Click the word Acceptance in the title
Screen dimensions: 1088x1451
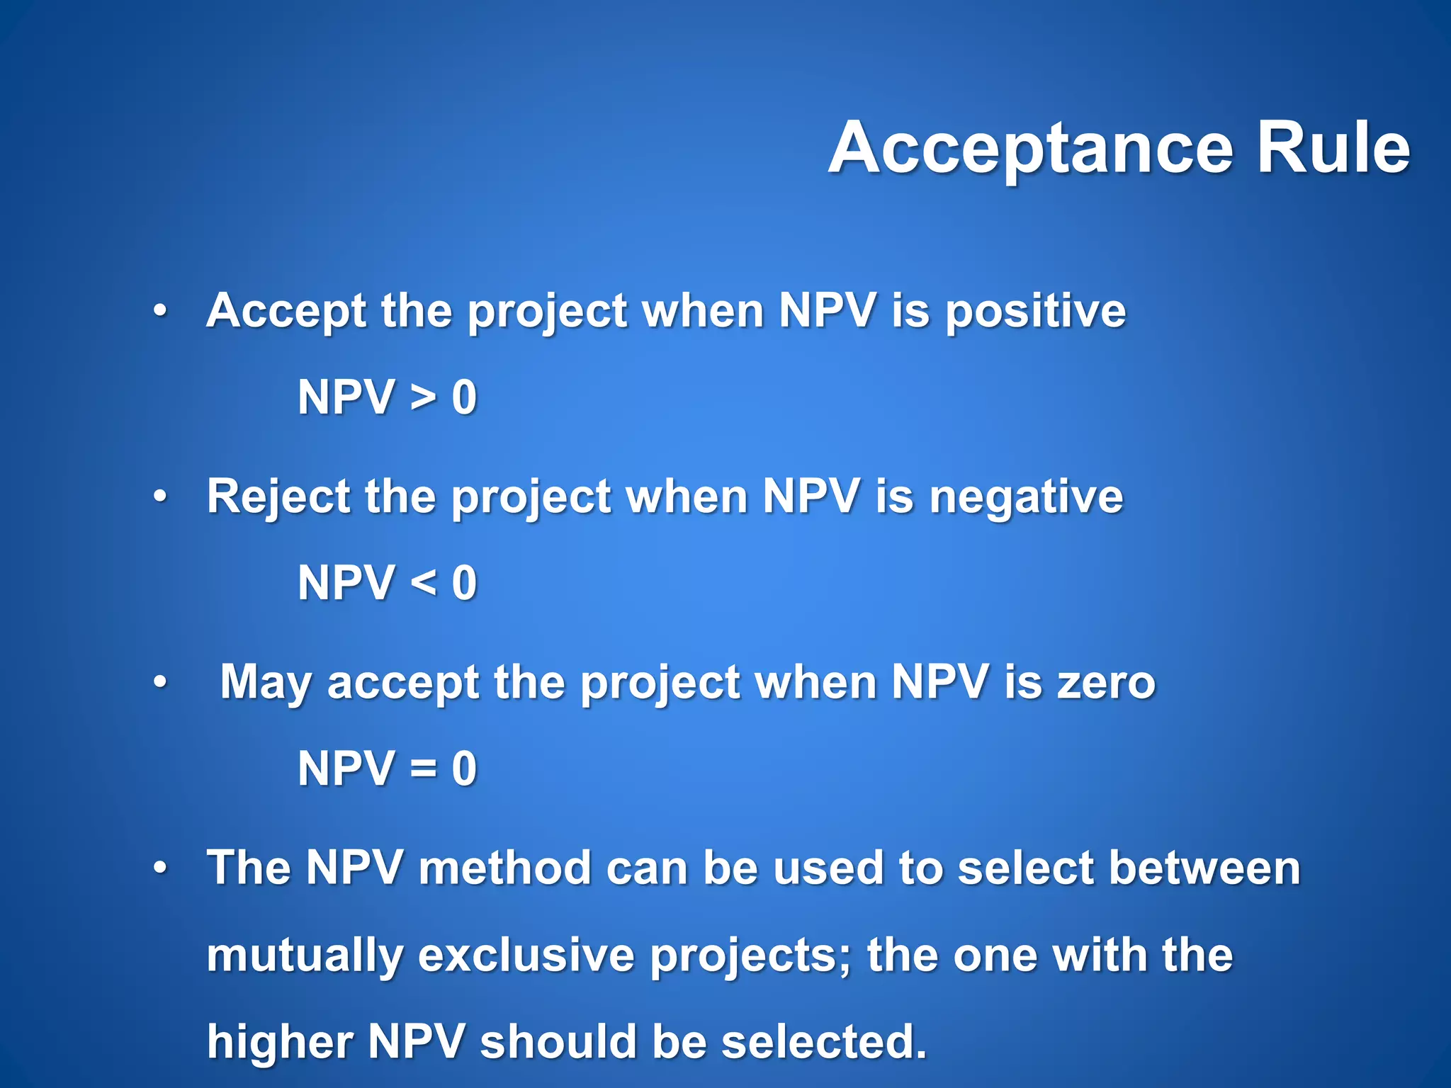1031,149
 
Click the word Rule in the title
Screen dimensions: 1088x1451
1333,149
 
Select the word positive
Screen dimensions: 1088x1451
1035,313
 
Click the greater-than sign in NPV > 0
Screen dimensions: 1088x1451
423,398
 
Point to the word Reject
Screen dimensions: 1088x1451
277,497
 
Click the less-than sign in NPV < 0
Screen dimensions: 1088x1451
423,584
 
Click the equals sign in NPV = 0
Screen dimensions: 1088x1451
423,769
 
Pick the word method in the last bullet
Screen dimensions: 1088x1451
504,868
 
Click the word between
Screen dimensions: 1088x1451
1204,868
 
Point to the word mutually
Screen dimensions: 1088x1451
304,957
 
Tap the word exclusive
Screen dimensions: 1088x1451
526,956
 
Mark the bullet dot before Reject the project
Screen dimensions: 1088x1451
161,497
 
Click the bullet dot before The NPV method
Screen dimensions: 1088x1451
161,868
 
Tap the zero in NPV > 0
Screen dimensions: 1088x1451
464,398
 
